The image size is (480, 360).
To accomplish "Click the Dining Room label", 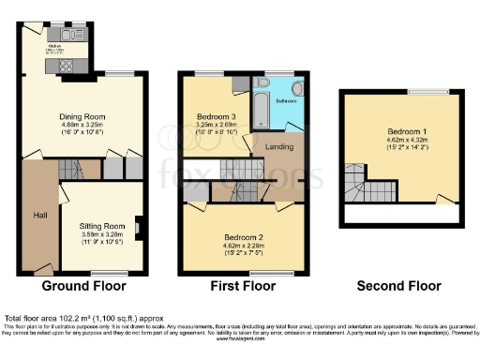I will point(82,116).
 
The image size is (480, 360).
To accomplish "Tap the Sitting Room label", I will point(102,226).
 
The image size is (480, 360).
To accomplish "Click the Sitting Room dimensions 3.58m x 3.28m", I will point(102,234).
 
